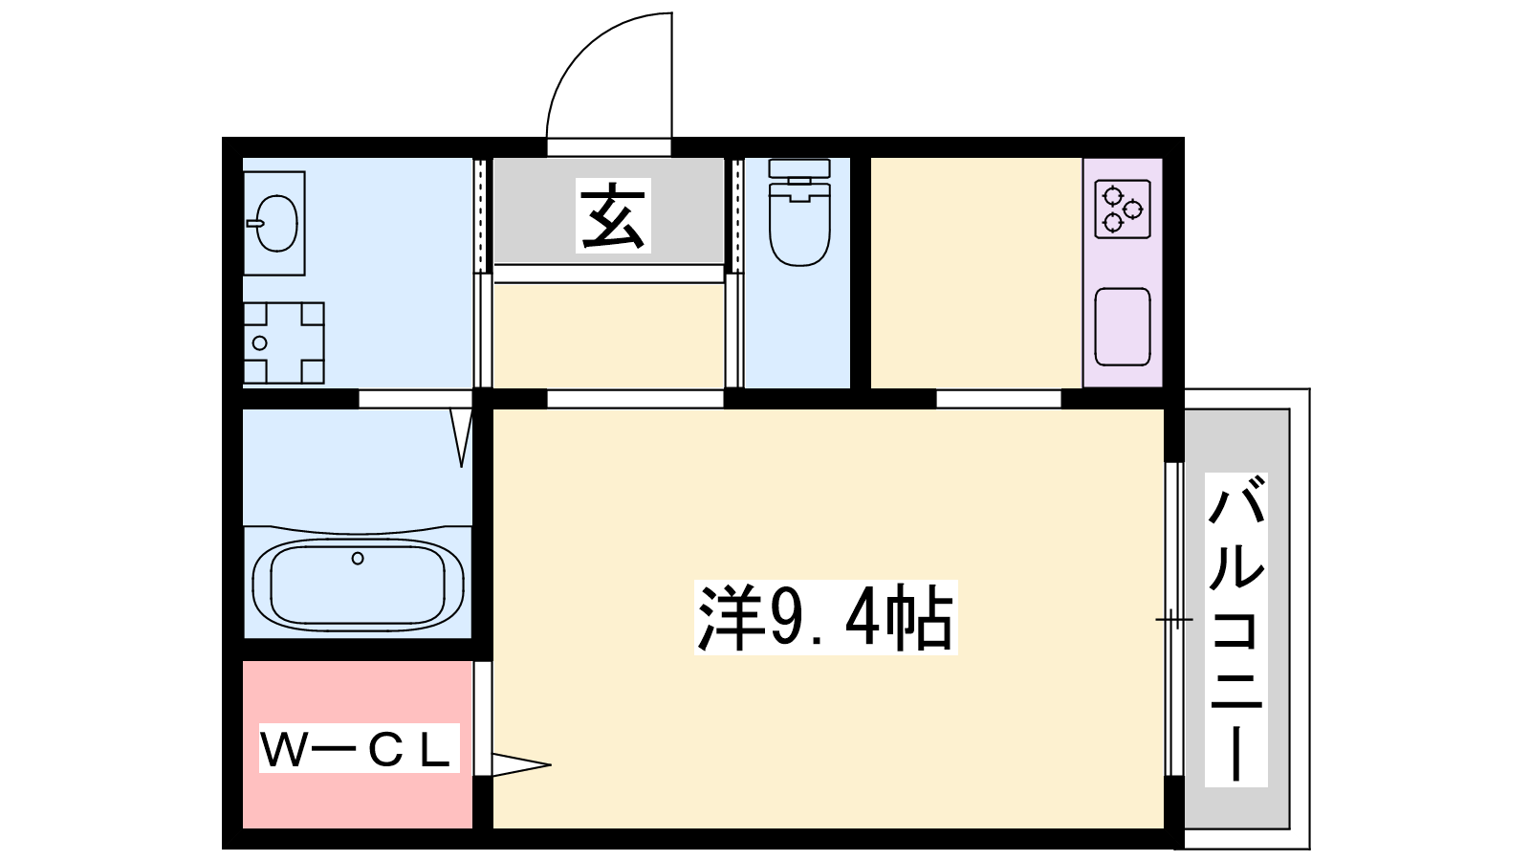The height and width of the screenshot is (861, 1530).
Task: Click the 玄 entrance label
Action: coord(613,215)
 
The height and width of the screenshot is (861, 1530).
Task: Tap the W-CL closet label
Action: coord(359,748)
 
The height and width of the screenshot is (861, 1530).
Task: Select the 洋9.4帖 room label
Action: coord(825,618)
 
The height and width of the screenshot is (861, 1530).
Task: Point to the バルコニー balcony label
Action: coord(1235,629)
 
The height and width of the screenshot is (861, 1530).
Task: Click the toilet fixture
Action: coord(799,212)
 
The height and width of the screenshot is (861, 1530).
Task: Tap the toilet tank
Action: coord(799,168)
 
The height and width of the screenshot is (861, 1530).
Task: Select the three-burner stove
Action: coord(1123,210)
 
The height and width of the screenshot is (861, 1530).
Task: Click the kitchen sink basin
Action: coord(1123,326)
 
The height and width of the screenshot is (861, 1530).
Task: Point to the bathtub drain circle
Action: coord(358,559)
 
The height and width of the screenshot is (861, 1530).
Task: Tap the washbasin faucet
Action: coord(254,223)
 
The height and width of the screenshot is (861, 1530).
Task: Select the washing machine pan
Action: coord(283,343)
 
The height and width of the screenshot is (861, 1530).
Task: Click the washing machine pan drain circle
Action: coord(259,343)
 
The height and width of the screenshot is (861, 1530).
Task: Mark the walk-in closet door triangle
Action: coord(520,764)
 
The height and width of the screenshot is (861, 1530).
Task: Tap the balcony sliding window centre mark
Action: coord(1173,620)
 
